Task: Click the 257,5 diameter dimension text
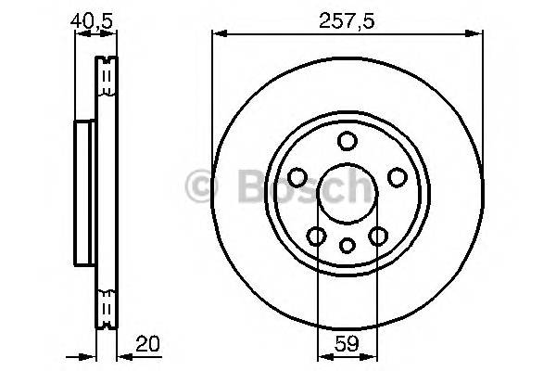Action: [x=348, y=19]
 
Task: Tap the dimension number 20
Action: [x=146, y=344]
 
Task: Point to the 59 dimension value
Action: [x=347, y=344]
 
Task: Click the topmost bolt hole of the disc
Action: [x=347, y=141]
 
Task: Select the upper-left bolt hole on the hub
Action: [x=298, y=176]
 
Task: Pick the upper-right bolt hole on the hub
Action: [x=397, y=176]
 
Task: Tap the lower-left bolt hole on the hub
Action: [x=317, y=236]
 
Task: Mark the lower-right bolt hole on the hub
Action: [x=378, y=236]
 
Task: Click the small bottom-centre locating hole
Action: [x=347, y=246]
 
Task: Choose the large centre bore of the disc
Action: [x=347, y=192]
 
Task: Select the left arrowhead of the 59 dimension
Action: [x=322, y=357]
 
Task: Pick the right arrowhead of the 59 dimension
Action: [x=373, y=357]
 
